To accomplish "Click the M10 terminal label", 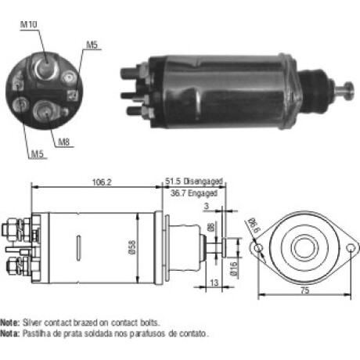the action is (x=29, y=24).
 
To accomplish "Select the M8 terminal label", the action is (x=64, y=142).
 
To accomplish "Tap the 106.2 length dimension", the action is (x=102, y=182).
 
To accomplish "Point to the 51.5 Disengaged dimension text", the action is (x=194, y=182).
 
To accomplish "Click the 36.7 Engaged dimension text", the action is (x=194, y=193).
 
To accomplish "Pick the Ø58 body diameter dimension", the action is (x=132, y=247).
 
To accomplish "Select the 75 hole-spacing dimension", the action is (x=304, y=290).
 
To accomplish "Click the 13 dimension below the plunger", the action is (x=214, y=283).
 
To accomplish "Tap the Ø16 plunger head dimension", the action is (x=233, y=269).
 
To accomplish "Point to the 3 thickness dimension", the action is (x=207, y=206).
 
